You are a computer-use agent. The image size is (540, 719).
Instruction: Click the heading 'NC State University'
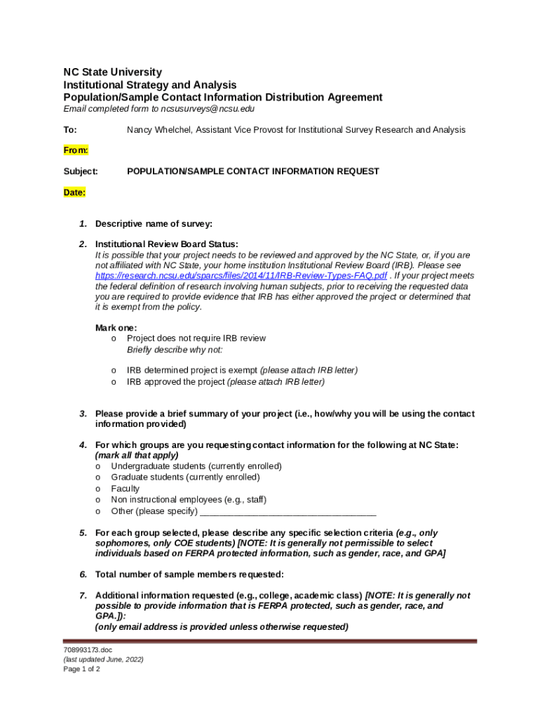coord(112,72)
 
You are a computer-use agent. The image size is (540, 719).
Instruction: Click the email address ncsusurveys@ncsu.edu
coord(208,109)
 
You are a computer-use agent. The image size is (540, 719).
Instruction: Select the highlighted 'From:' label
coord(76,150)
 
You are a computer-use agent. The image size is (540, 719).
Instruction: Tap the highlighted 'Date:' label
coord(74,192)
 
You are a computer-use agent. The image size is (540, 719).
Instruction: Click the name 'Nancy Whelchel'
coord(158,130)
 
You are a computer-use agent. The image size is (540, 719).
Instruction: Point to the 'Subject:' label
coord(81,171)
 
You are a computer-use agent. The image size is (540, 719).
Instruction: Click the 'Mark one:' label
coord(116,328)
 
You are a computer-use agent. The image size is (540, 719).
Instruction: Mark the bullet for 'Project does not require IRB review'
coord(114,338)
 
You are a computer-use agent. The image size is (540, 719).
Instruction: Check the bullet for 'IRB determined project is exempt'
coord(114,370)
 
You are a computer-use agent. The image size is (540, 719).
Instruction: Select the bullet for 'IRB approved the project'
coord(114,382)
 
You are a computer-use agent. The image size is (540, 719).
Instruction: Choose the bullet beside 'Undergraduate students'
coord(98,466)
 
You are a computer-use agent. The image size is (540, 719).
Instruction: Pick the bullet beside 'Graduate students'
coord(98,477)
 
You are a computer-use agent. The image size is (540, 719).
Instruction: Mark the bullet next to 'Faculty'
coord(98,489)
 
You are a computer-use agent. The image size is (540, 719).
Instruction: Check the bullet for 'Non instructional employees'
coord(98,500)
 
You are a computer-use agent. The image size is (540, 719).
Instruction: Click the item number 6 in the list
coord(83,574)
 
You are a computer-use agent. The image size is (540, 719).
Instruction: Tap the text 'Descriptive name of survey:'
coord(154,224)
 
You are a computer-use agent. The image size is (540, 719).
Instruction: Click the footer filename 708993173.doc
coord(88,650)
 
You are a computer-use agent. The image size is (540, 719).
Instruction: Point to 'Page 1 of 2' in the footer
coord(82,669)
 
